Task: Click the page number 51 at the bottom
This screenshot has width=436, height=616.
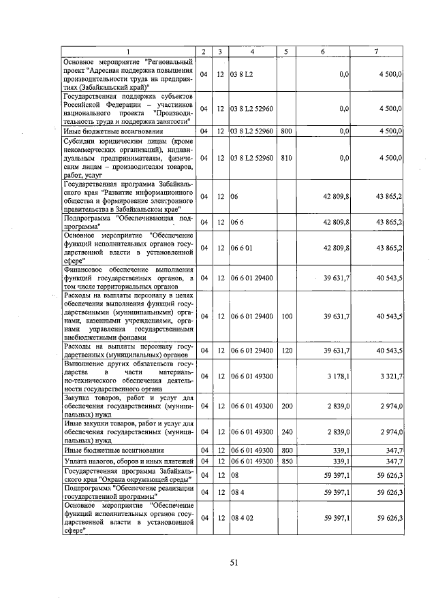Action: (x=232, y=562)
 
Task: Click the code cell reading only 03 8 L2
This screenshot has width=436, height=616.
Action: (x=242, y=74)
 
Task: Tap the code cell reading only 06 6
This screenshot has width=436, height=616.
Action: (x=238, y=222)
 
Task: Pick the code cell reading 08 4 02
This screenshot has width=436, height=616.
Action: (x=242, y=518)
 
